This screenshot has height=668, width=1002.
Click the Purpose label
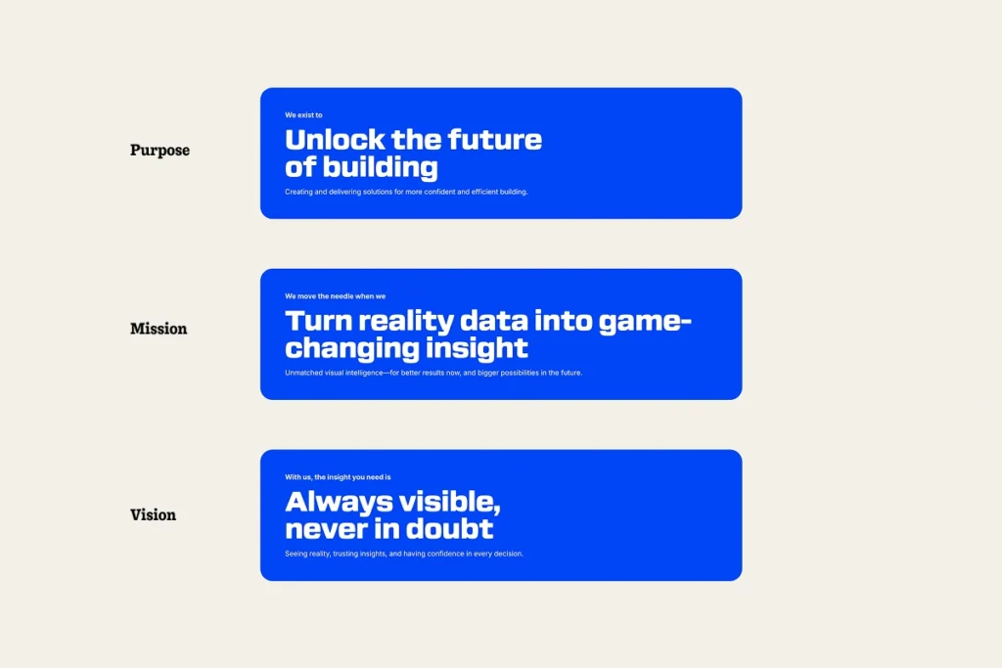point(159,150)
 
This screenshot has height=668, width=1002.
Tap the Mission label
point(159,329)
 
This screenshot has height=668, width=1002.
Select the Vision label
point(153,514)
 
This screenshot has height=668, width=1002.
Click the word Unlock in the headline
point(335,140)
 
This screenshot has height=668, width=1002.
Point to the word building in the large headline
point(381,167)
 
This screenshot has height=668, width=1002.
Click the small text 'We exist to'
point(303,115)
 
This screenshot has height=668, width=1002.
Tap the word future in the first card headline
point(494,140)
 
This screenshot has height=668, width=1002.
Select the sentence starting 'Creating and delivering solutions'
point(406,192)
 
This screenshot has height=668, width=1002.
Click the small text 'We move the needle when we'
point(335,296)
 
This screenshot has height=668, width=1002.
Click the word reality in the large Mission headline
point(405,322)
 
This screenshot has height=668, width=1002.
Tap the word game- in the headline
point(645,322)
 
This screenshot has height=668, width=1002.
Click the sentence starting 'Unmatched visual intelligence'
point(433,373)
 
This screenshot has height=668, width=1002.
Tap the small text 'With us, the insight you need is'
point(338,477)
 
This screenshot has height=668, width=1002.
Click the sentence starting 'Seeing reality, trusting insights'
point(404,554)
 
